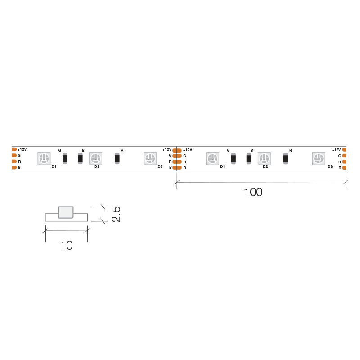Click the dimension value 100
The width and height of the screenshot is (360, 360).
(x=253, y=192)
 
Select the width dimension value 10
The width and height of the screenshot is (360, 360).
(x=66, y=245)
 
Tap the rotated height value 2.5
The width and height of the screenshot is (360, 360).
(x=116, y=214)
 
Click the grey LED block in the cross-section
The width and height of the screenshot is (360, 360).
(x=66, y=212)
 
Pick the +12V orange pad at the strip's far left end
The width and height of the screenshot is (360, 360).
(x=14, y=149)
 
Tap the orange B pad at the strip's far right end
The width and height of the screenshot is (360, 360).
(x=344, y=168)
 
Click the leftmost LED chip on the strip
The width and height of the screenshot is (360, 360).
(x=44, y=158)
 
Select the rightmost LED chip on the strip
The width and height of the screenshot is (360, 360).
(x=319, y=158)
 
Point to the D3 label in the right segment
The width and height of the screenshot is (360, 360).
(x=330, y=166)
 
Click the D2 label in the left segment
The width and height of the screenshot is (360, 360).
(x=97, y=166)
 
